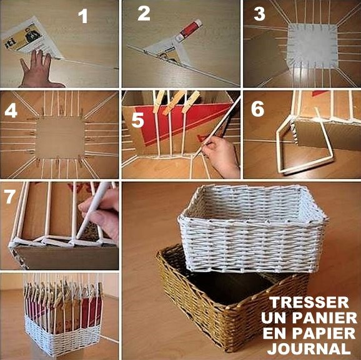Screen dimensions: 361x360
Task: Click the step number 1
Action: [x=83, y=16]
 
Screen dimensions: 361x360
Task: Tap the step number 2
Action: [x=144, y=14]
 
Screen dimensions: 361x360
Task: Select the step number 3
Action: [x=259, y=14]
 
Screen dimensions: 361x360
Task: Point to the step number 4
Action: [x=11, y=110]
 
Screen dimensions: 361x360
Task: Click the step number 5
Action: [x=137, y=120]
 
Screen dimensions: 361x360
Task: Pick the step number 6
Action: [x=257, y=109]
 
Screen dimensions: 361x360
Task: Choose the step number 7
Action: [x=9, y=197]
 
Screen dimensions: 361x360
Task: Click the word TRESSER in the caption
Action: [x=309, y=302]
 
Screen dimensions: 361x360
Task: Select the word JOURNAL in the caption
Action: [x=309, y=349]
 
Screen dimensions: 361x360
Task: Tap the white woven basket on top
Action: [x=253, y=229]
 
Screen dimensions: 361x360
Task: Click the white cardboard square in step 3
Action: [x=312, y=46]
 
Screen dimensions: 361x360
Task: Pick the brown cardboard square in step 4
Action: [x=61, y=138]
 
